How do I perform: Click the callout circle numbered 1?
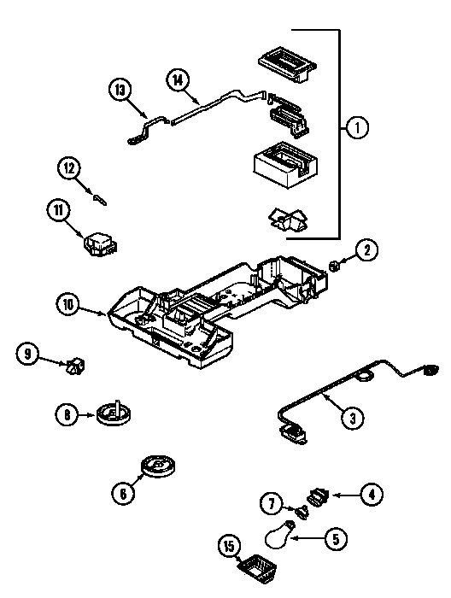point(357,128)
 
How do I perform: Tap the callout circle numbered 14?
point(178,81)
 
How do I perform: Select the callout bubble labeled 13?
point(120,91)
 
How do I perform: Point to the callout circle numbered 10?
point(68,305)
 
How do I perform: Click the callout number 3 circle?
point(352,418)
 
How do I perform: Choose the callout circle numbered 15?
point(230,547)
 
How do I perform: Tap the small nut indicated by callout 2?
point(334,266)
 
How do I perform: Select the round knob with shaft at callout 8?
point(113,413)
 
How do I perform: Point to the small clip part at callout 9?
point(75,366)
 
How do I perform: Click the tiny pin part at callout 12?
point(100,200)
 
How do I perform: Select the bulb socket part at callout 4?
point(319,496)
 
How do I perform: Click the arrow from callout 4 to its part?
point(346,495)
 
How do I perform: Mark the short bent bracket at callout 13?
point(148,130)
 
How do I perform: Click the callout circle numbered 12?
point(69,168)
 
